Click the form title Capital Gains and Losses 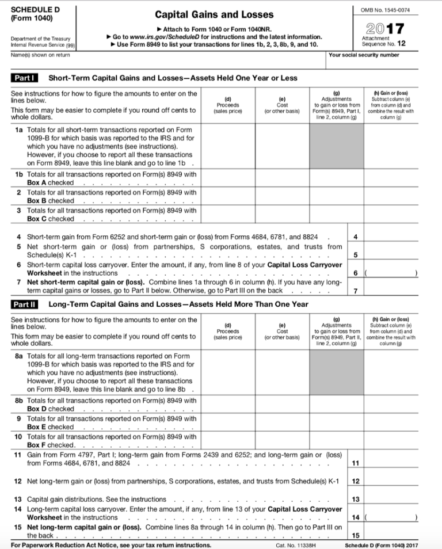tap(214, 14)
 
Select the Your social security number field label tap(364, 55)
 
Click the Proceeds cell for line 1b tap(228, 178)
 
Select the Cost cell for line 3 tap(283, 214)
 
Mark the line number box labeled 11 tap(356, 462)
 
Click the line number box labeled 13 tap(356, 499)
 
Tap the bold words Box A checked tap(51, 182)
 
